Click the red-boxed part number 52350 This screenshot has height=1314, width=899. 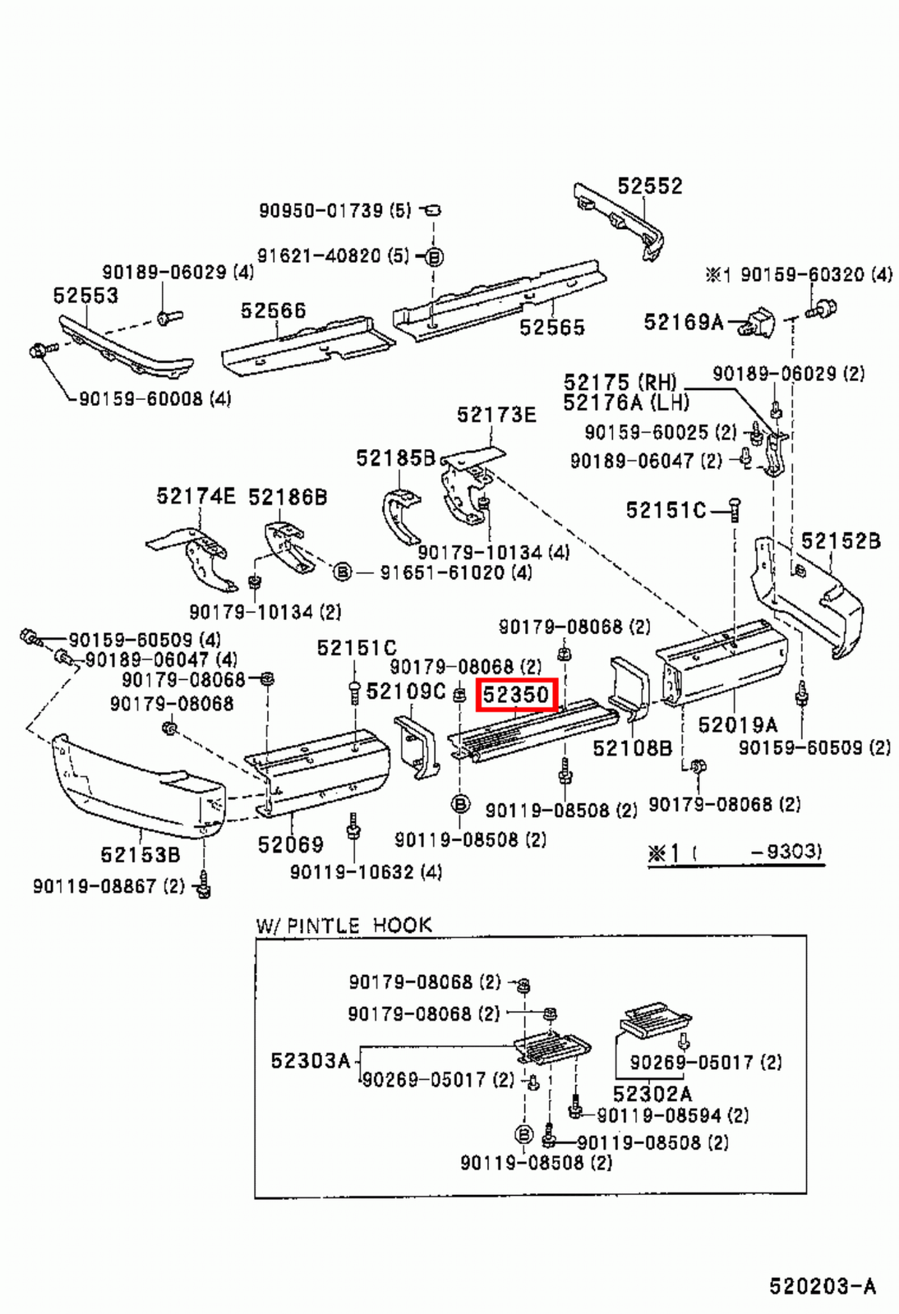point(516,695)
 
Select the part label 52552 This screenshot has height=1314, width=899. point(649,186)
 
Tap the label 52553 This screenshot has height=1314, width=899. point(85,296)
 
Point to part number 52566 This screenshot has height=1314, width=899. point(273,310)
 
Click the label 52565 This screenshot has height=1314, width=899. point(551,328)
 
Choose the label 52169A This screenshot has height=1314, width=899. point(683,322)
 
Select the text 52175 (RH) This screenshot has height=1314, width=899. point(620,383)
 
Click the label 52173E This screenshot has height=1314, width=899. point(496,415)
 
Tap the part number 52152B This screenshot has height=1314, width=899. point(840,541)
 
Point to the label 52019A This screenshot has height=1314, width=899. point(737,725)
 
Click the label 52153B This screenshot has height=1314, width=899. point(140,855)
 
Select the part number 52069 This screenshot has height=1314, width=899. point(290,844)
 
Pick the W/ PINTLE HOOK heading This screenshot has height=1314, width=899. point(343,926)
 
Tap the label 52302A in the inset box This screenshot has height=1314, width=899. point(652,1094)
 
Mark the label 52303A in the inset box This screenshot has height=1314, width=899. point(310,1061)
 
